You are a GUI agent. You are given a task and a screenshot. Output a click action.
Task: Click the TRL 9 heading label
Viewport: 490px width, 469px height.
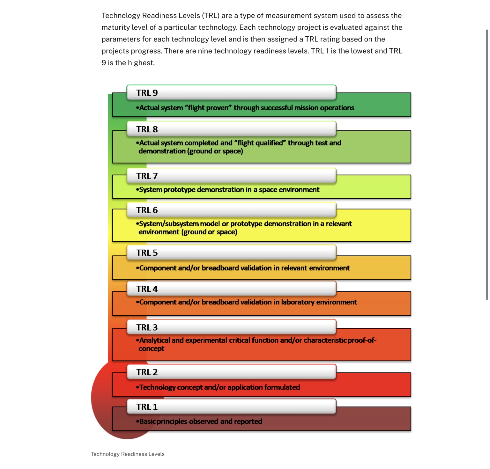tap(147, 93)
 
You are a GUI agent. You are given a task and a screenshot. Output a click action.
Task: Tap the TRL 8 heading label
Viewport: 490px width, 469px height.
tap(147, 129)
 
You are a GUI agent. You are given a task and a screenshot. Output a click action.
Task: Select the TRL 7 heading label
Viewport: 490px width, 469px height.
tap(147, 176)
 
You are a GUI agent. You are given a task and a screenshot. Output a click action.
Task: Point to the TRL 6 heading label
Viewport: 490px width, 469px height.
tap(147, 210)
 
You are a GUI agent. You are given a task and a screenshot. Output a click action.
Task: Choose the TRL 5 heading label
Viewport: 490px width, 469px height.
tap(147, 253)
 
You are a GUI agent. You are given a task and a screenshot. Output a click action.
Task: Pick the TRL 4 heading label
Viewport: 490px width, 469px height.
tap(147, 289)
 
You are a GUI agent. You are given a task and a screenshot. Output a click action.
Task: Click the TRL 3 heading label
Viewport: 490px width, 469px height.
tap(147, 327)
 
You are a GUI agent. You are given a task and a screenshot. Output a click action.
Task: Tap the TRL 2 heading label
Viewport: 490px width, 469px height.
tap(147, 372)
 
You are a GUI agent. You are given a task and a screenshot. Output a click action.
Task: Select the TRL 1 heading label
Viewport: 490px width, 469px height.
tap(147, 407)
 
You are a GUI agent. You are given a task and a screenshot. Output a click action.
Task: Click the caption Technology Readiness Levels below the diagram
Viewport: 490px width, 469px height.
tap(128, 454)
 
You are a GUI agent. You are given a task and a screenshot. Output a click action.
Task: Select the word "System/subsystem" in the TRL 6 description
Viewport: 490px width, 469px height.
tap(168, 224)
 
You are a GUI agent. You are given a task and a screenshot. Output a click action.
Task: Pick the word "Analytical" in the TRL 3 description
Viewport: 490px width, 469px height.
tap(154, 341)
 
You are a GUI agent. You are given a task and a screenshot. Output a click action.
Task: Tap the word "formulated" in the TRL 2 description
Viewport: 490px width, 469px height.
tap(282, 387)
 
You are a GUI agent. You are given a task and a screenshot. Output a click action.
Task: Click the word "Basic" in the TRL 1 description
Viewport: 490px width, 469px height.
tap(147, 421)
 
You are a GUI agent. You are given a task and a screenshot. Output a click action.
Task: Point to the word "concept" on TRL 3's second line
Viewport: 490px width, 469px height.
tap(151, 349)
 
